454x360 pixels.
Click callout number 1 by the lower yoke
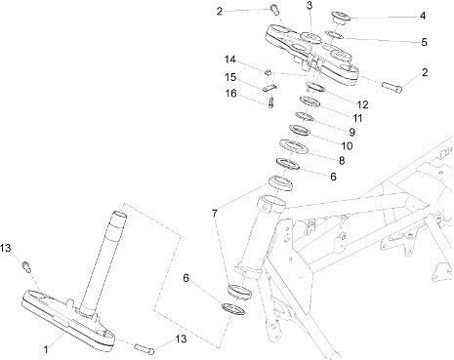point(46,349)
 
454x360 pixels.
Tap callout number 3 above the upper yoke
point(310,5)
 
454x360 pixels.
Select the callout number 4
point(423,16)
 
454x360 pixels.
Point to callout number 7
point(214,214)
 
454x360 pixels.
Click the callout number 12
point(362,104)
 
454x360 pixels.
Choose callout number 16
point(231,94)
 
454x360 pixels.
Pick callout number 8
point(342,160)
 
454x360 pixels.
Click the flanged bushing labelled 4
point(341,18)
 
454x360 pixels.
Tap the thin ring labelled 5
point(334,34)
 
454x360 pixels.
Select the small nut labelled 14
point(268,72)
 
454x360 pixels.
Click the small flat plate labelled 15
point(269,87)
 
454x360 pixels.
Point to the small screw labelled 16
point(271,102)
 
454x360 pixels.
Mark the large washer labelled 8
point(294,146)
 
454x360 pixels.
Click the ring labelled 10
point(300,130)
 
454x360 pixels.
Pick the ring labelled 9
point(305,116)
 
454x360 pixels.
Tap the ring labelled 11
point(310,101)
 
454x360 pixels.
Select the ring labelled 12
point(315,87)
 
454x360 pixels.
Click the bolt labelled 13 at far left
point(26,266)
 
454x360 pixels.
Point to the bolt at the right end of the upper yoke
point(392,87)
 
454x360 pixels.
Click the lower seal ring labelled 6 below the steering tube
point(232,309)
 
